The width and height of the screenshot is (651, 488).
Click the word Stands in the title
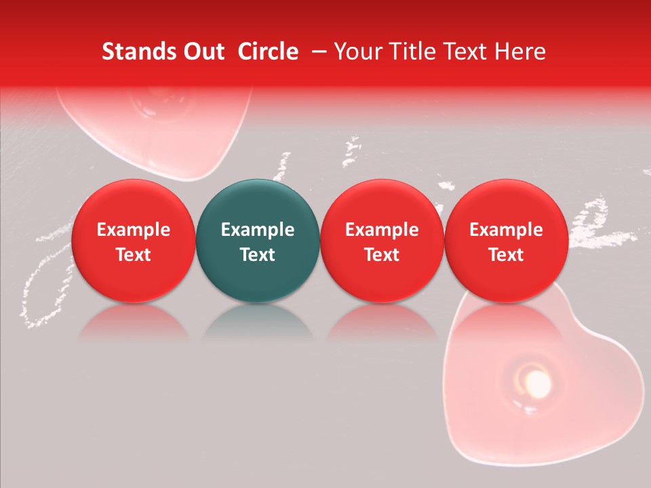(136, 52)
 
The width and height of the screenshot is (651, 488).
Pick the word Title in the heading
(410, 52)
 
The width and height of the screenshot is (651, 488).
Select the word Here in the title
(519, 52)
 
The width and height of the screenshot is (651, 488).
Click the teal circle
(257, 241)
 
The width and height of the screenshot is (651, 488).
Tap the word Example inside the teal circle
(257, 230)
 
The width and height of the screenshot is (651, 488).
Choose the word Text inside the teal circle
(257, 255)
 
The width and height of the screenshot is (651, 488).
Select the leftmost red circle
(133, 241)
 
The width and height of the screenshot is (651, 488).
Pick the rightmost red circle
(506, 241)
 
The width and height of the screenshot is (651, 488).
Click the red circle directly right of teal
(382, 241)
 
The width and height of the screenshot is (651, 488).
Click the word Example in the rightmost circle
(506, 230)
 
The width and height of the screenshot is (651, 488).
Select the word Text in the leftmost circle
(133, 255)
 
